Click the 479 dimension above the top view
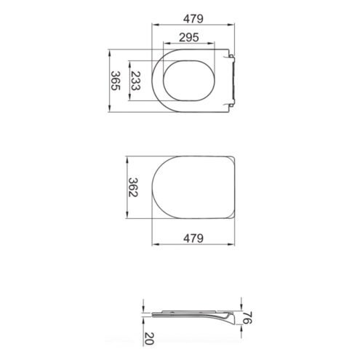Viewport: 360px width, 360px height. click(x=193, y=19)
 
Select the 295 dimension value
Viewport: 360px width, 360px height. click(x=189, y=37)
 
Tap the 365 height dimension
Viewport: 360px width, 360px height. click(x=116, y=81)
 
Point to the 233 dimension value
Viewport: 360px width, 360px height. click(x=136, y=81)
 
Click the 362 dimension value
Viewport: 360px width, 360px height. click(x=133, y=187)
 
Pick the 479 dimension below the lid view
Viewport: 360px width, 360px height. click(x=193, y=239)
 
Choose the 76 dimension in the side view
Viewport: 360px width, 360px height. click(x=247, y=318)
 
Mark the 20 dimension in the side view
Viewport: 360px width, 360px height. click(x=149, y=338)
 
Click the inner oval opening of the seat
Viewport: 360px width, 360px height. click(x=189, y=81)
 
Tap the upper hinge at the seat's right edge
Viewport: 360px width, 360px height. click(x=231, y=57)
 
